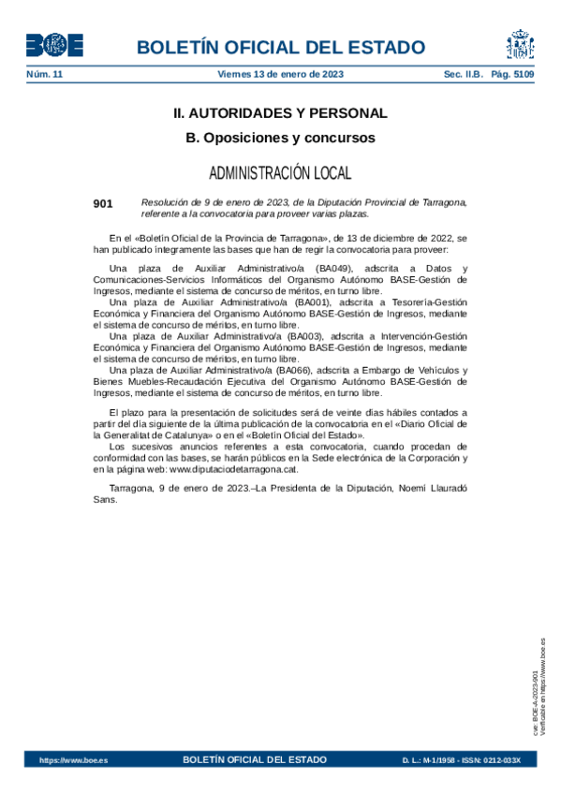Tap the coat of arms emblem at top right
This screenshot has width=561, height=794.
click(x=520, y=45)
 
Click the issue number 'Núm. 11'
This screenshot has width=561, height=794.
click(x=43, y=74)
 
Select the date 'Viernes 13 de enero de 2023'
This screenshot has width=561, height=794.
click(x=280, y=74)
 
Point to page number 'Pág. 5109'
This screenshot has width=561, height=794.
click(x=513, y=74)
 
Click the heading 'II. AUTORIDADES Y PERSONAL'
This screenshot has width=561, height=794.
click(x=280, y=113)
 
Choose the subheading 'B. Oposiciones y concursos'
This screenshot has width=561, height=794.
click(x=280, y=138)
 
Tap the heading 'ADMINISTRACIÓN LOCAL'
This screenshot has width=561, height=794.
click(x=280, y=173)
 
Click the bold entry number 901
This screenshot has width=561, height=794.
click(x=103, y=203)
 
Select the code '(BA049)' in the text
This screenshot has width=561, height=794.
click(x=332, y=269)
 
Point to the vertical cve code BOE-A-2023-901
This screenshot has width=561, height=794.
click(x=534, y=703)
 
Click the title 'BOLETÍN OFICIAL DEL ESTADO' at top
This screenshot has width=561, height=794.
click(x=281, y=48)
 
